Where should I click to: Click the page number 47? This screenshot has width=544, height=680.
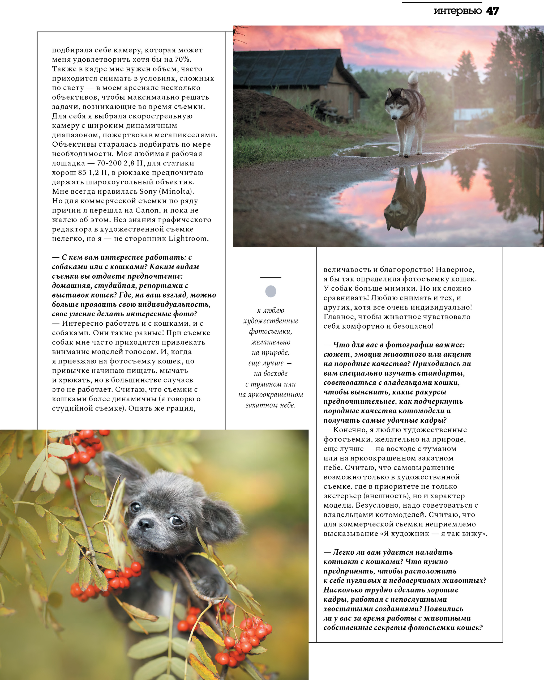coord(492,11)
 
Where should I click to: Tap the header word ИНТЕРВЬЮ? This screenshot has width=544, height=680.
coord(458,11)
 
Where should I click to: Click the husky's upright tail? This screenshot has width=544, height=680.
coord(413,81)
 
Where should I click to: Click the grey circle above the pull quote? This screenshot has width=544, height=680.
coord(271,291)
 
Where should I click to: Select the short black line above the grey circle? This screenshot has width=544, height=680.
coord(271,278)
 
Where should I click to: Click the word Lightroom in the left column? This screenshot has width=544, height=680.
coord(188,239)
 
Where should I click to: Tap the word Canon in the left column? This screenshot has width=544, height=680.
coord(147,210)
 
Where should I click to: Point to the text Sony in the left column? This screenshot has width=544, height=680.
coord(148,192)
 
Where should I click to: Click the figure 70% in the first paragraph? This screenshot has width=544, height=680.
coord(183,59)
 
